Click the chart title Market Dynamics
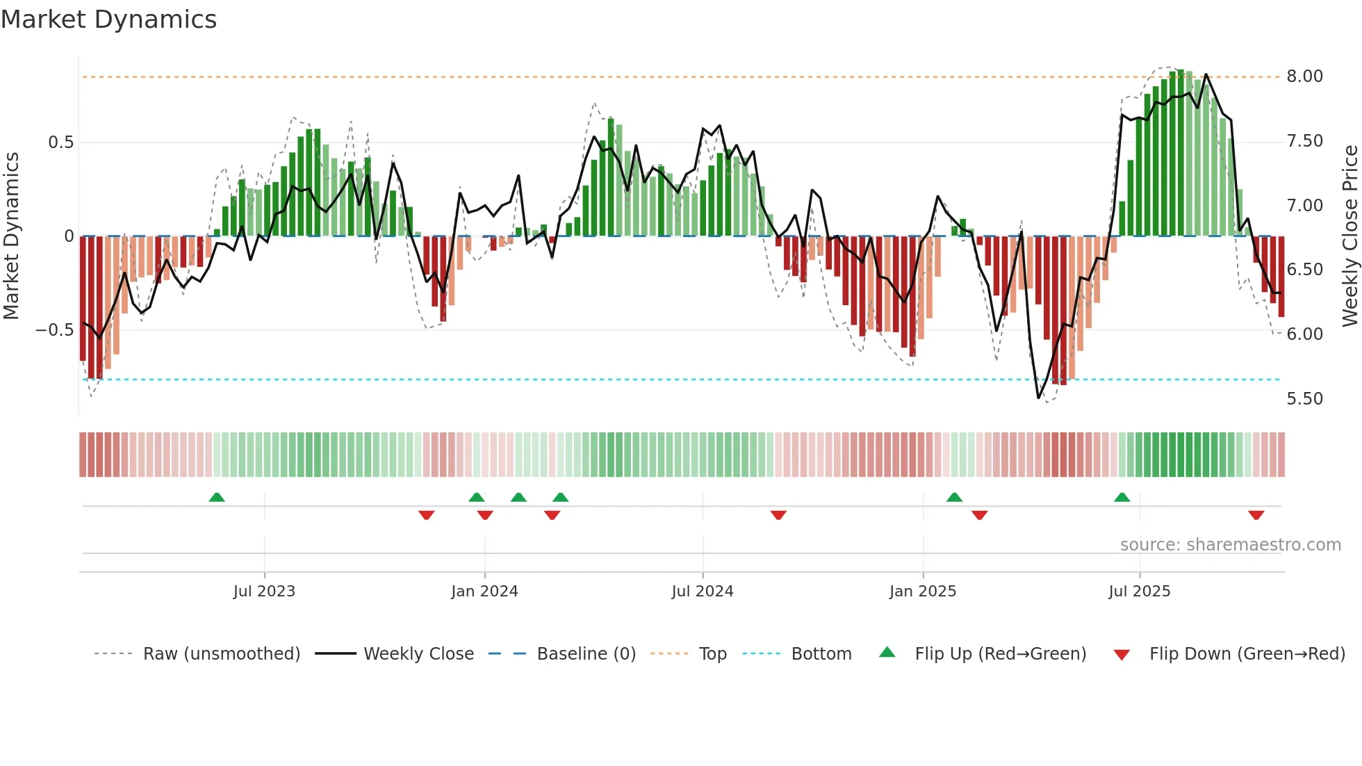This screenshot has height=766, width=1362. pyautogui.click(x=108, y=19)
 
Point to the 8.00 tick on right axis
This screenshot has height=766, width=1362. pyautogui.click(x=1304, y=76)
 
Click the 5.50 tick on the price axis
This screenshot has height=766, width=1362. pyautogui.click(x=1304, y=399)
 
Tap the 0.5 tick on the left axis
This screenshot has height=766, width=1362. pyautogui.click(x=60, y=142)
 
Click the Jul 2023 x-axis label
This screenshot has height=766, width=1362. pyautogui.click(x=264, y=592)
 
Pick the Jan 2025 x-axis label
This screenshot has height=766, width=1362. pyautogui.click(x=923, y=592)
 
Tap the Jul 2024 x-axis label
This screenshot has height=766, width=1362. pyautogui.click(x=703, y=592)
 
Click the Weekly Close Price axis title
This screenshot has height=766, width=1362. pyautogui.click(x=1349, y=236)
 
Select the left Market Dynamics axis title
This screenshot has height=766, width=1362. pyautogui.click(x=11, y=236)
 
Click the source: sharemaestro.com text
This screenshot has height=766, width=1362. pyautogui.click(x=1230, y=545)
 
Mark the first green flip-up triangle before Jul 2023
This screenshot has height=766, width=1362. pyautogui.click(x=217, y=497)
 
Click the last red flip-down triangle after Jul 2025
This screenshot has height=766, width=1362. pyautogui.click(x=1256, y=515)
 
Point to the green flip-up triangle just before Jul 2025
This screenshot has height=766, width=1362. pyautogui.click(x=1122, y=497)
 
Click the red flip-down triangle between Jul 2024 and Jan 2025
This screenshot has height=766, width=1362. pyautogui.click(x=778, y=515)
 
